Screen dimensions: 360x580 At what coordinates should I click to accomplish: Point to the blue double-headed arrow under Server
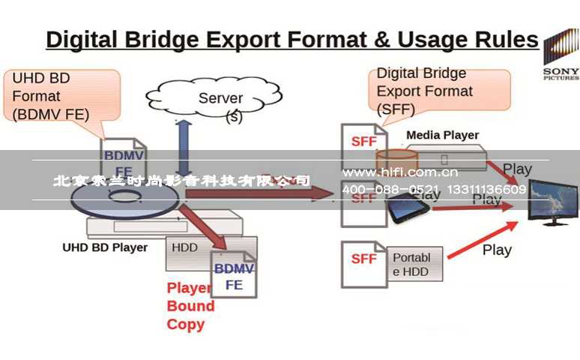(x=182, y=146)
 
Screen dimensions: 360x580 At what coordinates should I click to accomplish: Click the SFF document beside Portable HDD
(x=363, y=264)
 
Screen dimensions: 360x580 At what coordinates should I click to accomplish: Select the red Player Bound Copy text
(x=190, y=306)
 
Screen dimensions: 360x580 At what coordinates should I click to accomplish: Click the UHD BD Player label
(x=105, y=247)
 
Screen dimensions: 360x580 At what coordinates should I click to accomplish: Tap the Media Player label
(x=442, y=136)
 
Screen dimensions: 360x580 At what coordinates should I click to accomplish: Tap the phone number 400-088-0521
(x=390, y=190)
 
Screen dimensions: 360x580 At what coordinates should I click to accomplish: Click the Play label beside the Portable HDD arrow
(x=497, y=250)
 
